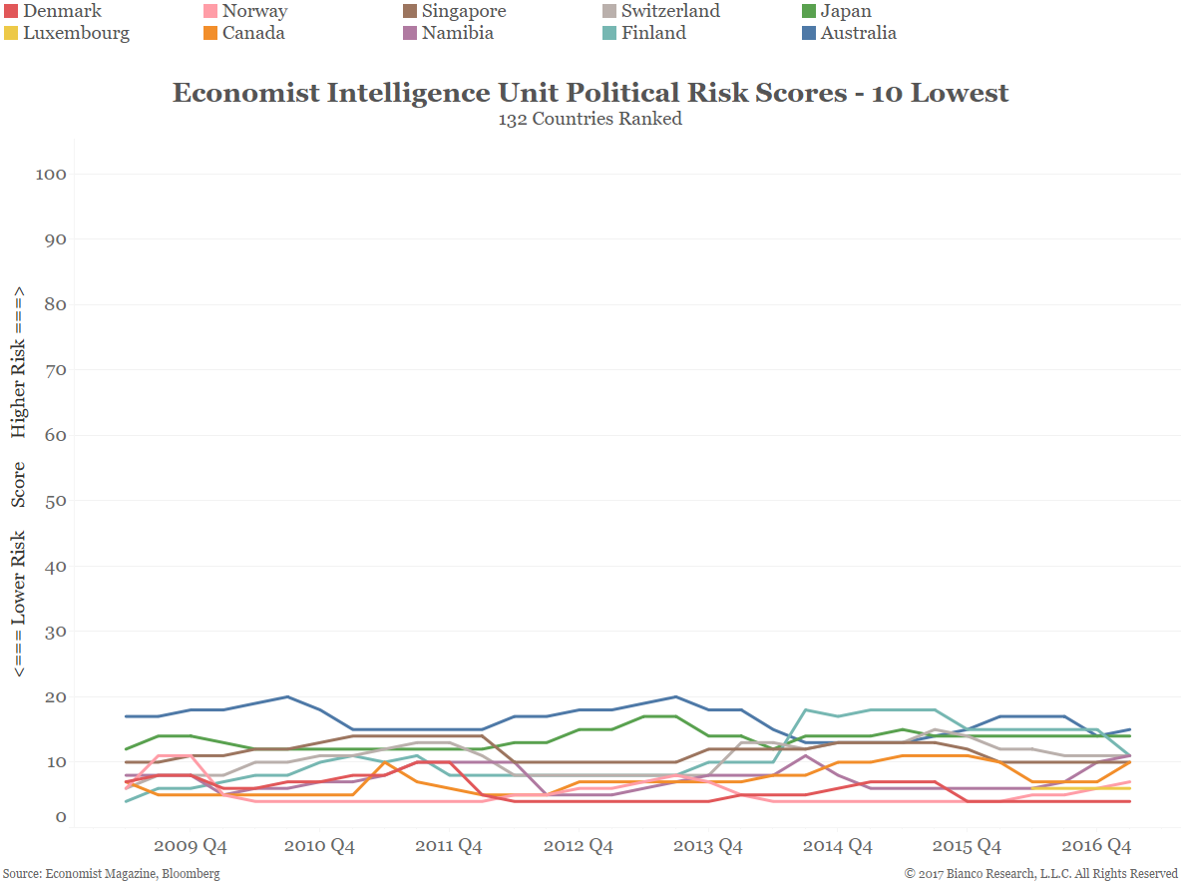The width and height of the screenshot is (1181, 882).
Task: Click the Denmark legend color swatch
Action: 12,12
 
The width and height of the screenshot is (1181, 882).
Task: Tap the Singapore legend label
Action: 463,12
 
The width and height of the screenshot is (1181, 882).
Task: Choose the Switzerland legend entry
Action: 669,12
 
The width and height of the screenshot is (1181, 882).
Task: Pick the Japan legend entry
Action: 845,12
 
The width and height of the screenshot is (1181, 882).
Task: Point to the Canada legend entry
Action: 252,33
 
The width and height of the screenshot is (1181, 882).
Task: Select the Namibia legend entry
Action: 457,33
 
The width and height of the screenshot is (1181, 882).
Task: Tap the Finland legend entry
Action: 653,33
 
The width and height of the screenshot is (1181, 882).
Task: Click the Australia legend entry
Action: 858,33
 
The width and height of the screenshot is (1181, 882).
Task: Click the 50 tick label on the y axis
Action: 55,502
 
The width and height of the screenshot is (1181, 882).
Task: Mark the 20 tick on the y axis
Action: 55,697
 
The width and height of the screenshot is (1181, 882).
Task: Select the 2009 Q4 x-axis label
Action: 190,846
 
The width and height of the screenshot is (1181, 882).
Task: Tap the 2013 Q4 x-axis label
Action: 707,846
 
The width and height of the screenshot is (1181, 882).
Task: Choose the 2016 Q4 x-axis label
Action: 1096,846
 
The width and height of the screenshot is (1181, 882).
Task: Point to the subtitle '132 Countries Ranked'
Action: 590,119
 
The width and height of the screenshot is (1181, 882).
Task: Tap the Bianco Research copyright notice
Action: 1041,874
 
